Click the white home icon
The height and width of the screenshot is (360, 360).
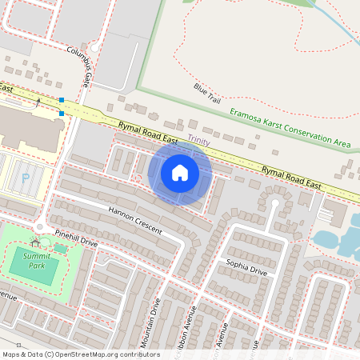pyautogui.click(x=180, y=173)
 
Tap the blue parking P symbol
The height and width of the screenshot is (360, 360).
pyautogui.click(x=26, y=178)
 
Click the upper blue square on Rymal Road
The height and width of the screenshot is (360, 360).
pyautogui.click(x=62, y=100)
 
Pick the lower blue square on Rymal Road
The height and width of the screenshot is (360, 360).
pyautogui.click(x=62, y=114)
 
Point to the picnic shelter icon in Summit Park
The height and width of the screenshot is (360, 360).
pyautogui.click(x=34, y=241)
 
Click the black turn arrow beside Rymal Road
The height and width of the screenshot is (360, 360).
pyautogui.click(x=38, y=102)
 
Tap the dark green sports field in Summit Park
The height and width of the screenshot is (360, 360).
pyautogui.click(x=34, y=269)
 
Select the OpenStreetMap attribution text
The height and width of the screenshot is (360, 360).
pyautogui.click(x=81, y=354)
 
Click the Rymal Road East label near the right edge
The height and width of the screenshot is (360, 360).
pyautogui.click(x=291, y=177)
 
